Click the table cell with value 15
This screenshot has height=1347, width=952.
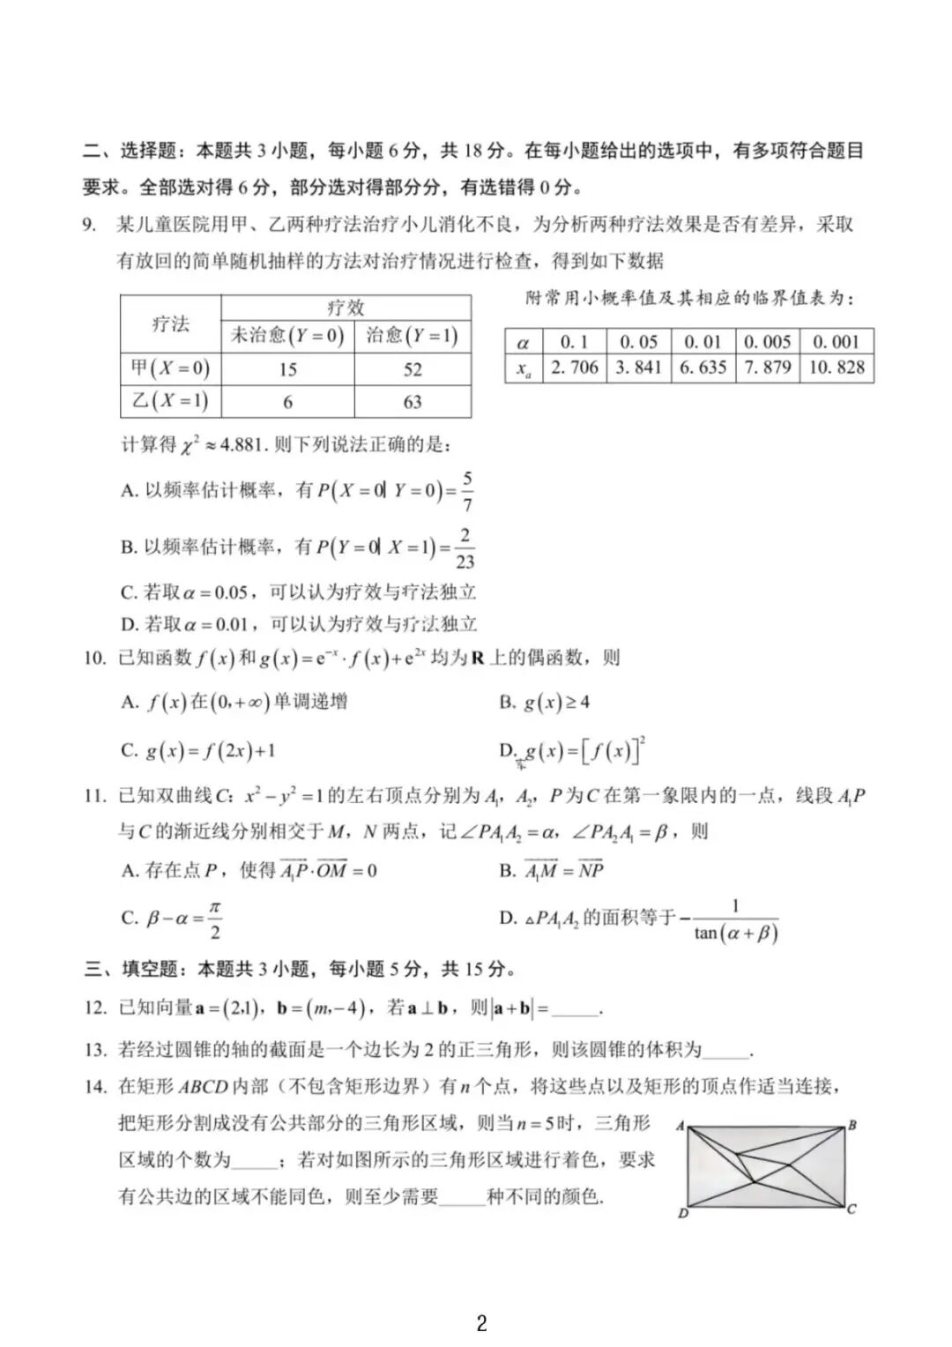tap(287, 369)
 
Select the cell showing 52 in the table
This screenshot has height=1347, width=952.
tap(413, 369)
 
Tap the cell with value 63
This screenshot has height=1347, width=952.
tap(413, 402)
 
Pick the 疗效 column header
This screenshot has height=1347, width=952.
tap(346, 308)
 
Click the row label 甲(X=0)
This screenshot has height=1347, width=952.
tap(171, 368)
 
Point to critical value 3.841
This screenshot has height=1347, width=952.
tap(638, 368)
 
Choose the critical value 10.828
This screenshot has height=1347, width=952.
tap(837, 368)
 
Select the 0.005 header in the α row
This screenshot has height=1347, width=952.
tap(767, 342)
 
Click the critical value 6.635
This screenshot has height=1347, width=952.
tap(703, 368)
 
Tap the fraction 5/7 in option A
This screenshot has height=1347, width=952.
tap(466, 492)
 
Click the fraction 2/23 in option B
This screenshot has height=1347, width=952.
tap(465, 548)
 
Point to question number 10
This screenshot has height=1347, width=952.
tap(94, 658)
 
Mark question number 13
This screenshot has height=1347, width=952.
tap(95, 1049)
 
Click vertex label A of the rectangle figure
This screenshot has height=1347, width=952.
tap(680, 1126)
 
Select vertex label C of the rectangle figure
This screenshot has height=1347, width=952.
tap(852, 1209)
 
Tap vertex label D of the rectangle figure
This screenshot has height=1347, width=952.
tap(682, 1214)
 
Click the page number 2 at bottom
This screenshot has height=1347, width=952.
tap(481, 1322)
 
